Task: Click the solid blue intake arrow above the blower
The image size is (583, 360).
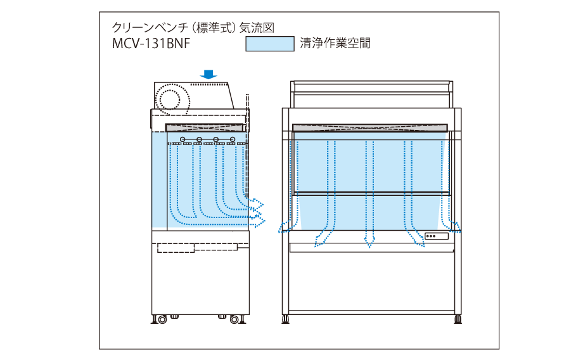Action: pos(208,75)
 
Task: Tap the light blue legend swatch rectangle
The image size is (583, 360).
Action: pos(269,44)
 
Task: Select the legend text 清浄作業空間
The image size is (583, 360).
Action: pos(335,43)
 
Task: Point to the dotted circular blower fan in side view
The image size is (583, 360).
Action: pos(171,99)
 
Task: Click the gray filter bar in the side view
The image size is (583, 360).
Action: pos(205,127)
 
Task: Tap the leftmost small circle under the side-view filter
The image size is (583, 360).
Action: pos(183,139)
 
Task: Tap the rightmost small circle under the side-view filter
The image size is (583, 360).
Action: pos(233,139)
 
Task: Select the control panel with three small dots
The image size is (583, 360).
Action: pos(437,236)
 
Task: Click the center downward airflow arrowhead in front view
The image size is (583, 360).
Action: pos(369,240)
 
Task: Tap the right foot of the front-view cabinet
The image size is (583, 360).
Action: pos(458,318)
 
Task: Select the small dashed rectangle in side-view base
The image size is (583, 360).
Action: pos(176,247)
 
